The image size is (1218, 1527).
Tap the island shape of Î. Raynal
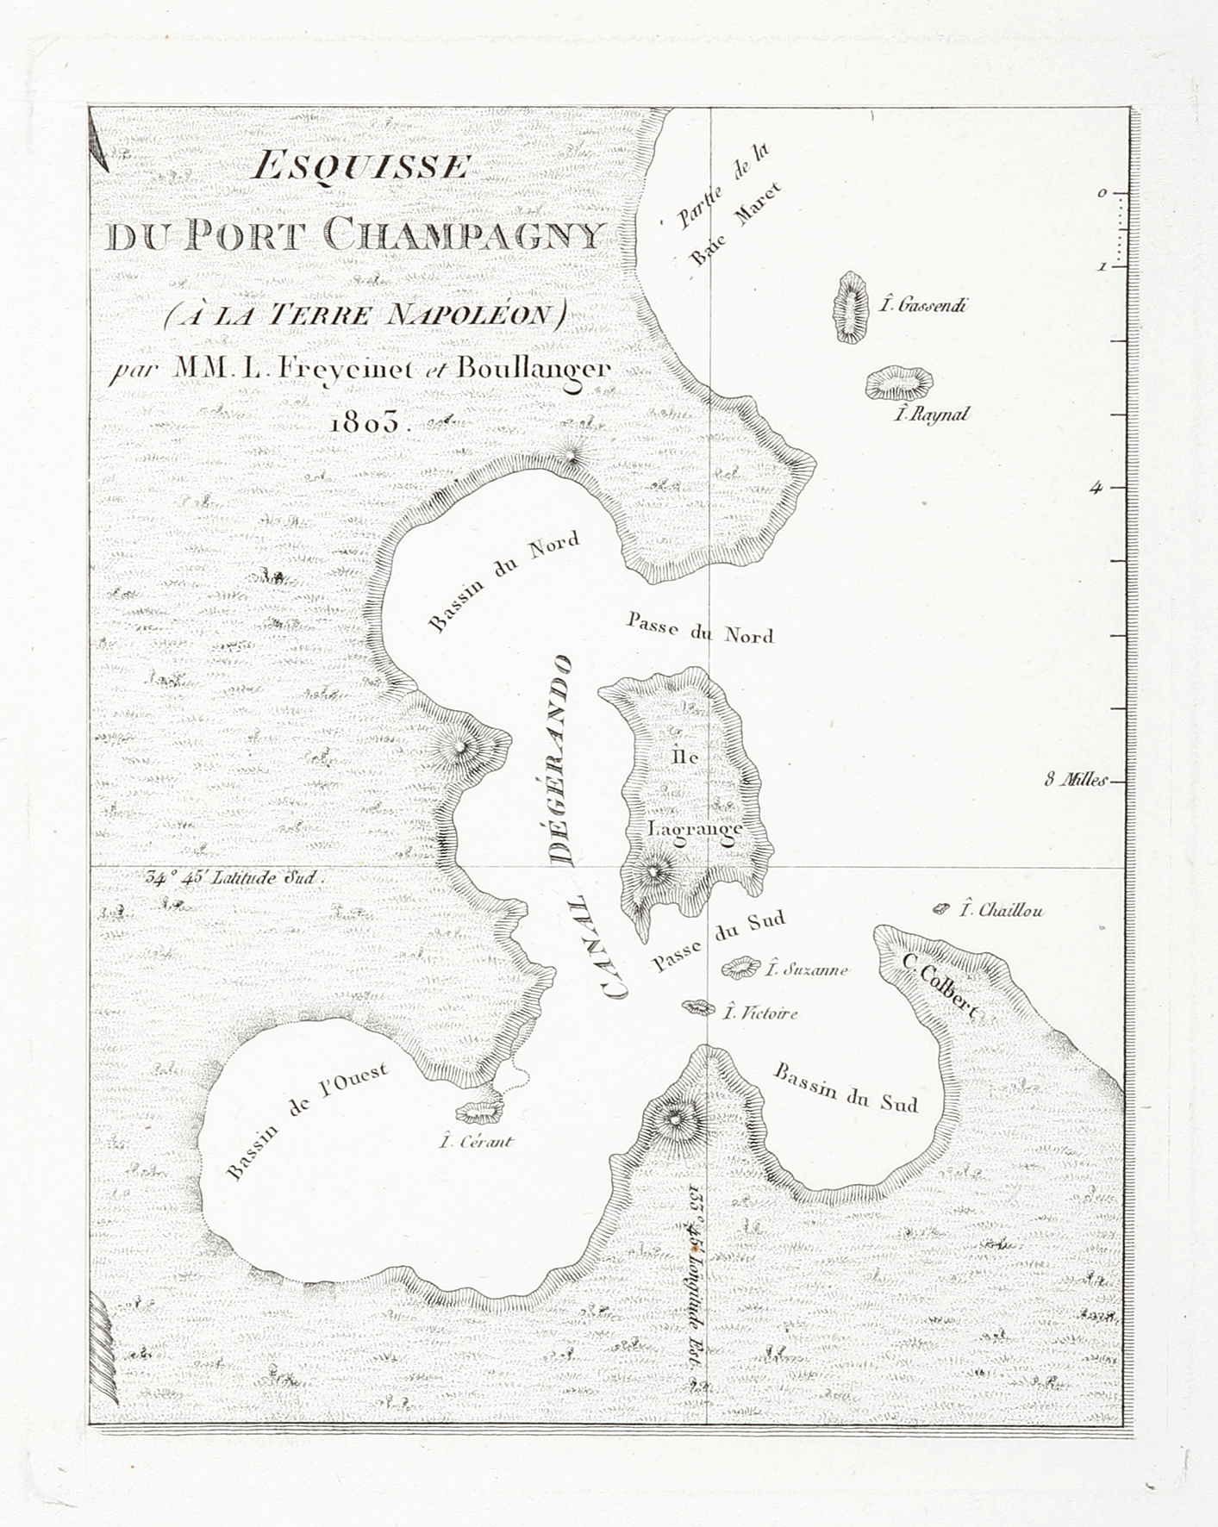(899, 383)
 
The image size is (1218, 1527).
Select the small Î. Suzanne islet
(740, 968)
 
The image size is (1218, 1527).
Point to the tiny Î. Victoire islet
(697, 1007)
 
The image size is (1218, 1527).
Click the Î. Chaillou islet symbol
(941, 908)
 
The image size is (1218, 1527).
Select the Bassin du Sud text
(846, 1088)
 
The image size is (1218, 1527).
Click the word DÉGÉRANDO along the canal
(560, 758)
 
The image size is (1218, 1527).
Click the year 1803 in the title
(365, 423)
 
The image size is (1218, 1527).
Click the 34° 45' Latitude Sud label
(234, 879)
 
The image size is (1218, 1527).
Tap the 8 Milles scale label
(1073, 781)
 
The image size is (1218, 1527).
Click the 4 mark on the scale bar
(1096, 488)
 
